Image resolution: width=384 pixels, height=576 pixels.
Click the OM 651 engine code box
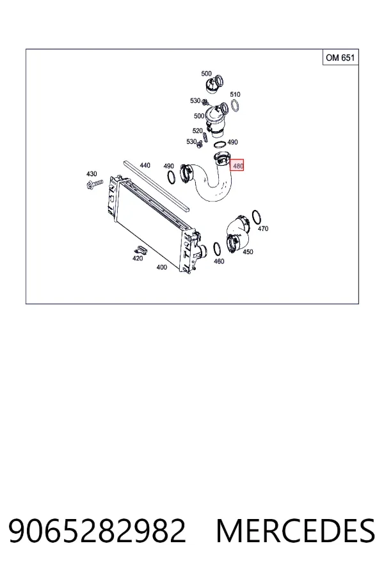(x=340, y=58)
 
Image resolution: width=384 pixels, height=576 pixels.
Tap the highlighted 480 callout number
(x=237, y=166)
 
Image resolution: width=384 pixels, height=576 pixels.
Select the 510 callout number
(x=235, y=95)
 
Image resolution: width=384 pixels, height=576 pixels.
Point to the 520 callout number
(x=197, y=131)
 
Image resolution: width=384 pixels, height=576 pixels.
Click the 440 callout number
(x=145, y=165)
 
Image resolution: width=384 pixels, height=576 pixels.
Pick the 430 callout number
(x=92, y=173)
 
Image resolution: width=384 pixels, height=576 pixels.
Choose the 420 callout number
(x=138, y=259)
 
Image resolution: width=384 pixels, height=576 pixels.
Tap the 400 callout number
(x=162, y=268)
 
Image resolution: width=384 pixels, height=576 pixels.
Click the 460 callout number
(x=219, y=262)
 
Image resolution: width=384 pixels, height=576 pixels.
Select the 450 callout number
(x=248, y=252)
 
